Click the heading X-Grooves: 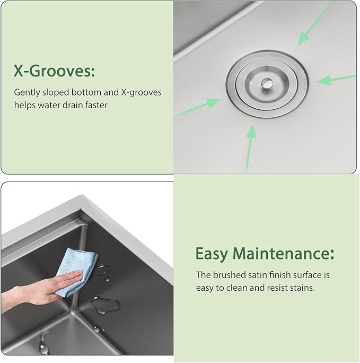coord(54,71)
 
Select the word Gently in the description coord(27,92)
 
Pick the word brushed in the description coord(227,275)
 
